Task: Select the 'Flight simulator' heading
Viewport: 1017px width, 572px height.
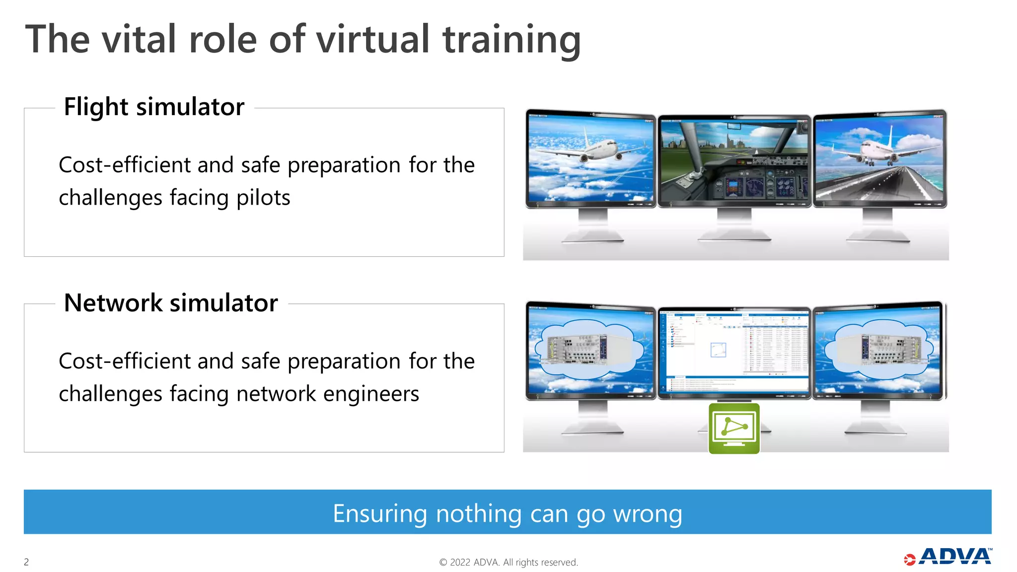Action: (x=154, y=107)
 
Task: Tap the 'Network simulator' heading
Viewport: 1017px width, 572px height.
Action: (x=171, y=303)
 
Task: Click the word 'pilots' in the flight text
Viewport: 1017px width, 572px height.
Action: (x=263, y=198)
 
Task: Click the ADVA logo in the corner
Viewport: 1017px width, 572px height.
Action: (x=948, y=557)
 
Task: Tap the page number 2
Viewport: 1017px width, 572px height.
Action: (x=26, y=562)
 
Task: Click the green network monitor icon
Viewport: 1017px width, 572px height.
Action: (x=734, y=429)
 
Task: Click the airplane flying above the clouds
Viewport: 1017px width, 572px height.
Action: (x=591, y=149)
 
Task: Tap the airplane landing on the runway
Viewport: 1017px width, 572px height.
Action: (x=876, y=149)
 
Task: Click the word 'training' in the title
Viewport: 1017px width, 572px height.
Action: (x=511, y=40)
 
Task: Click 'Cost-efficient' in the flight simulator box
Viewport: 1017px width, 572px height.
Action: (x=124, y=165)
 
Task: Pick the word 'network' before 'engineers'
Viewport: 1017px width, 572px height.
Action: (x=276, y=394)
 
